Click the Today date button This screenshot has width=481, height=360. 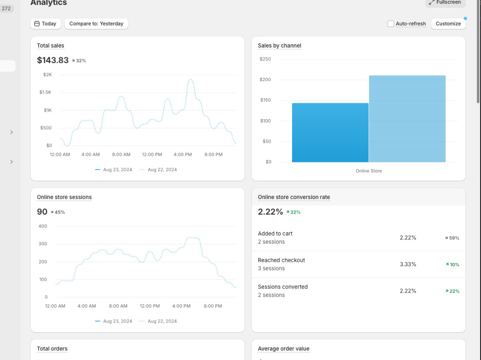pyautogui.click(x=45, y=24)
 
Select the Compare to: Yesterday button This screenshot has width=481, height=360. pyautogui.click(x=96, y=24)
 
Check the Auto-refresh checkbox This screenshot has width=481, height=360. pyautogui.click(x=391, y=24)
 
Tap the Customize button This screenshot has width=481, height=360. pyautogui.click(x=448, y=24)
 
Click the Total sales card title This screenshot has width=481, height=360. pyautogui.click(x=51, y=46)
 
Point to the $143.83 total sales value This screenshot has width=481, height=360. pyautogui.click(x=53, y=60)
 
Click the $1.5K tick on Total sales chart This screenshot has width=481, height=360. pyautogui.click(x=45, y=92)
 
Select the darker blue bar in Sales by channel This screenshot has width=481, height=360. pyautogui.click(x=330, y=133)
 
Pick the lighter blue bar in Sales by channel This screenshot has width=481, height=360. pyautogui.click(x=407, y=119)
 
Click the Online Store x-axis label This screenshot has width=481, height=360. pyautogui.click(x=369, y=171)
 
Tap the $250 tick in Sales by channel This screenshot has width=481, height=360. pyautogui.click(x=266, y=59)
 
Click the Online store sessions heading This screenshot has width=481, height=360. pyautogui.click(x=64, y=197)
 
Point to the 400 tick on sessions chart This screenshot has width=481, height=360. pyautogui.click(x=43, y=226)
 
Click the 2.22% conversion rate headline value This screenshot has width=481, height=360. pyautogui.click(x=270, y=211)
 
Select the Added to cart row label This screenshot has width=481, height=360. pyautogui.click(x=275, y=234)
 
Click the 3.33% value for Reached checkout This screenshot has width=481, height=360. pyautogui.click(x=408, y=264)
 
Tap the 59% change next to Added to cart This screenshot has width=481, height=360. pyautogui.click(x=452, y=238)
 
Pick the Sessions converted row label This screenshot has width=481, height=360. pyautogui.click(x=283, y=287)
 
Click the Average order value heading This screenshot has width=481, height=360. pyautogui.click(x=284, y=348)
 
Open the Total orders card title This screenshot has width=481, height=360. pyautogui.click(x=52, y=348)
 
